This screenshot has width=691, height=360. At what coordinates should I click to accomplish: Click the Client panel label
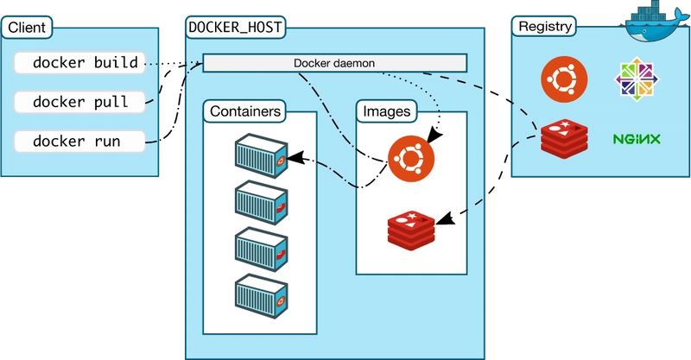(x=26, y=28)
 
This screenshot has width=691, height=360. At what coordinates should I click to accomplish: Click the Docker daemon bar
(x=334, y=63)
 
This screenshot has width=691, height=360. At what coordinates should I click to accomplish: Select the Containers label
(x=245, y=111)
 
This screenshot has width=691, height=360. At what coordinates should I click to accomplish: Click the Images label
(x=386, y=111)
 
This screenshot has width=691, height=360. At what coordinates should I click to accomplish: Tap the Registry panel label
(x=544, y=26)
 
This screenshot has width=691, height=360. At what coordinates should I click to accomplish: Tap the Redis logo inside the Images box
(x=412, y=226)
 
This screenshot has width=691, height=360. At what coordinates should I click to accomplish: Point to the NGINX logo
(x=637, y=138)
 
